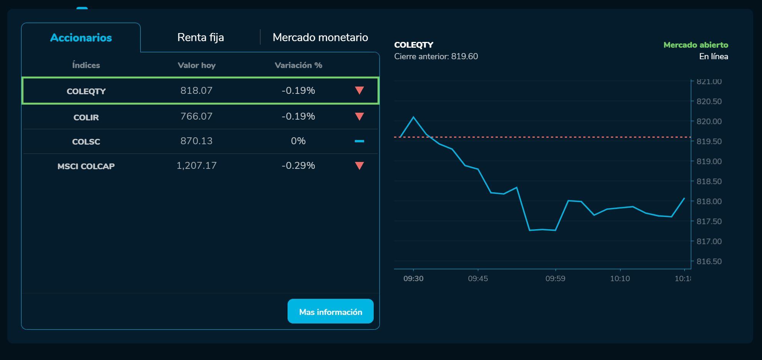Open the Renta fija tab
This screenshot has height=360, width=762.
pos(200,37)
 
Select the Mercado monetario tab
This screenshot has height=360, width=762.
pos(320,37)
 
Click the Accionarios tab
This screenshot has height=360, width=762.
pos(81,38)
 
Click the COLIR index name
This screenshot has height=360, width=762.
pos(86,117)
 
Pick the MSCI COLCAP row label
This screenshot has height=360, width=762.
pos(86,166)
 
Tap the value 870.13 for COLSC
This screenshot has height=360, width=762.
pos(196,141)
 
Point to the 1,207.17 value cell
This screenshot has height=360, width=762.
pos(196,166)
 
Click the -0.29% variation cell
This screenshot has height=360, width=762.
pos(298,166)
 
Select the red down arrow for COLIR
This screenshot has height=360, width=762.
pos(359,117)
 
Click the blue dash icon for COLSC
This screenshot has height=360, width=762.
pos(359,141)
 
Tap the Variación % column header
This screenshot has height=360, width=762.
pos(298,65)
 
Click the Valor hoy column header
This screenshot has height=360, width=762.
pos(196,65)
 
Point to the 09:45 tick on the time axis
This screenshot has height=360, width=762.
pos(478,278)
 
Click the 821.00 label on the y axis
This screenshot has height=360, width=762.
pos(709,82)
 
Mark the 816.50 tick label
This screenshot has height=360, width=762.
pos(709,262)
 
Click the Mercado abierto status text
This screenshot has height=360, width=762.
pos(695,45)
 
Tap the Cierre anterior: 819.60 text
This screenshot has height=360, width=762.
pos(436,57)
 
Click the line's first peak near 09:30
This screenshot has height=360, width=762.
pos(413,117)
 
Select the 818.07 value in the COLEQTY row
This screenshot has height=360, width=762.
pos(196,91)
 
